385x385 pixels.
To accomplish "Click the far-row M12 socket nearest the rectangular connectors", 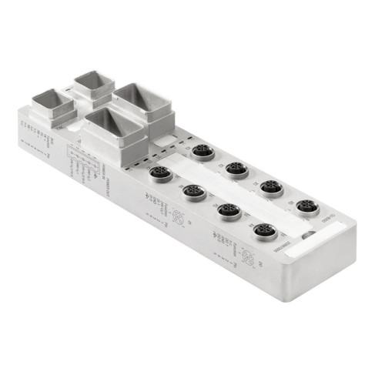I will coord(203,152).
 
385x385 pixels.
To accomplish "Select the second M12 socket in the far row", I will coord(236,169).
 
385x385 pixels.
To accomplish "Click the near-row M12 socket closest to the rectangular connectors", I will coord(159,172).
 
